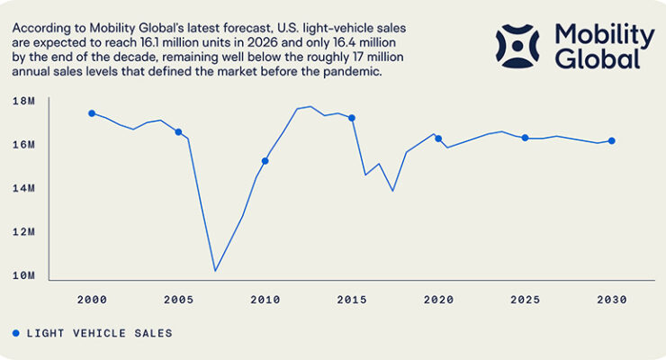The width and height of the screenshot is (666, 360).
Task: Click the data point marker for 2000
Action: (x=92, y=113)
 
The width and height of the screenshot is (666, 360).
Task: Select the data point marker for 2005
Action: (x=178, y=132)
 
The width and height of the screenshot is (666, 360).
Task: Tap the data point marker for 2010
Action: (x=265, y=161)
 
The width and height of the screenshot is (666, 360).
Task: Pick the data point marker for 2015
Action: (x=352, y=118)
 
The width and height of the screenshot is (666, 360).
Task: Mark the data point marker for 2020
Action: (x=438, y=139)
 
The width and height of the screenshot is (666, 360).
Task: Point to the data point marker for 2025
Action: (x=525, y=138)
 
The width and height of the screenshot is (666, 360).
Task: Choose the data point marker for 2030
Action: (x=612, y=141)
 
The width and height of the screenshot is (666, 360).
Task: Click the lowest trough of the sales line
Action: (x=215, y=270)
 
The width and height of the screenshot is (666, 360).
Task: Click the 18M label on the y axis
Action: (x=23, y=101)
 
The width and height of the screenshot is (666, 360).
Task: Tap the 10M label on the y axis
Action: (x=23, y=275)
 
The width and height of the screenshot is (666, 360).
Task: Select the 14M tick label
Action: (x=23, y=188)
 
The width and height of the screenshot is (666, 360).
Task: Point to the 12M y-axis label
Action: (x=23, y=232)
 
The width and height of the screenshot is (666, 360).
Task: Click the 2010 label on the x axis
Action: (x=265, y=300)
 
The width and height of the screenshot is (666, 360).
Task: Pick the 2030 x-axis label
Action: (x=612, y=300)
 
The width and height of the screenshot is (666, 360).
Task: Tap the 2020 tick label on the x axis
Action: (x=438, y=300)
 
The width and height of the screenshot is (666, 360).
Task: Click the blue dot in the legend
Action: (x=15, y=333)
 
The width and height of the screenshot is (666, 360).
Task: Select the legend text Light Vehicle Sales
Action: (x=99, y=333)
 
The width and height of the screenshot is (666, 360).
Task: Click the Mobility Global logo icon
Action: (x=517, y=46)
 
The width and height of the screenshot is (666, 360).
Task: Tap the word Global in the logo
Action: (x=598, y=58)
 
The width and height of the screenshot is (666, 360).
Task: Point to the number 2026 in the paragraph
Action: (x=262, y=42)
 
